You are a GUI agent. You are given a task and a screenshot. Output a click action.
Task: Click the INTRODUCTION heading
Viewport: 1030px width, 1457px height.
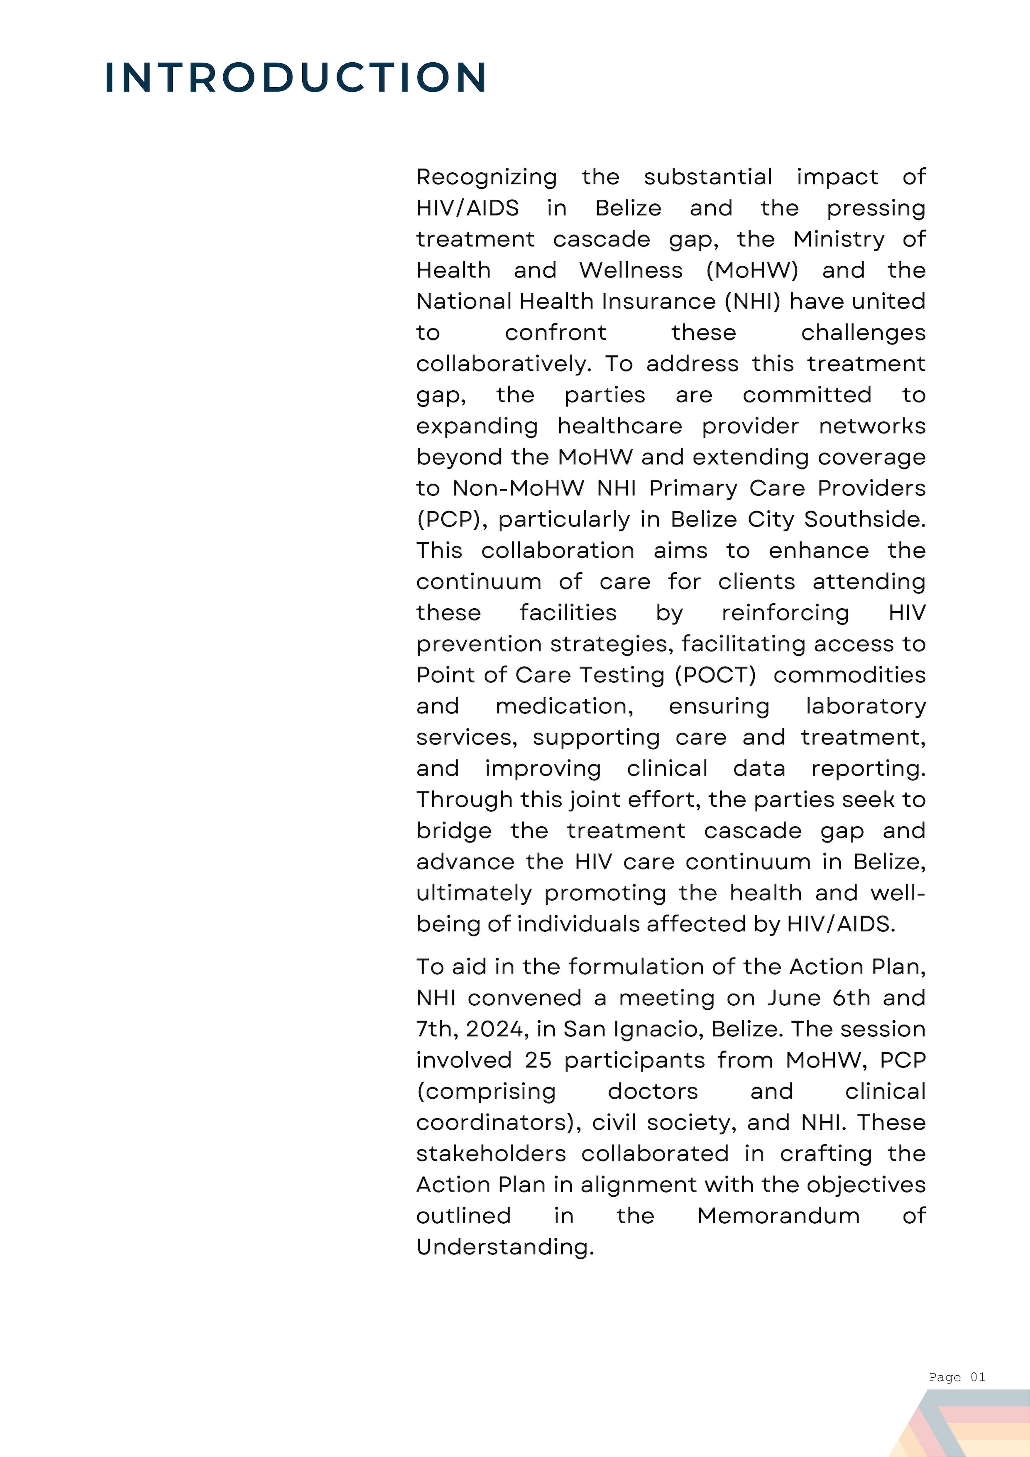click(x=296, y=78)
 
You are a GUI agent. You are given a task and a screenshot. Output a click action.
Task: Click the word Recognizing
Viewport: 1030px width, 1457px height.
click(x=486, y=177)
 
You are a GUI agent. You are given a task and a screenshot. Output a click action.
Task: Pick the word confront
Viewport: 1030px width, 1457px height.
click(x=555, y=333)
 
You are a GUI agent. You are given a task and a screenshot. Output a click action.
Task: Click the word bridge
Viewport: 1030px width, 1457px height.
click(x=454, y=831)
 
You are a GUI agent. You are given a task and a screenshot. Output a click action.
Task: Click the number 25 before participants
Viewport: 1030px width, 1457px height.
click(x=538, y=1060)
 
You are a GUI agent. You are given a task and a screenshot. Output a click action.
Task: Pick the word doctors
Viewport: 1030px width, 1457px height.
click(x=652, y=1092)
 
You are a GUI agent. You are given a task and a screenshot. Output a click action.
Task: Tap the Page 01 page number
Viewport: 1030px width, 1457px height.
click(x=957, y=1376)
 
